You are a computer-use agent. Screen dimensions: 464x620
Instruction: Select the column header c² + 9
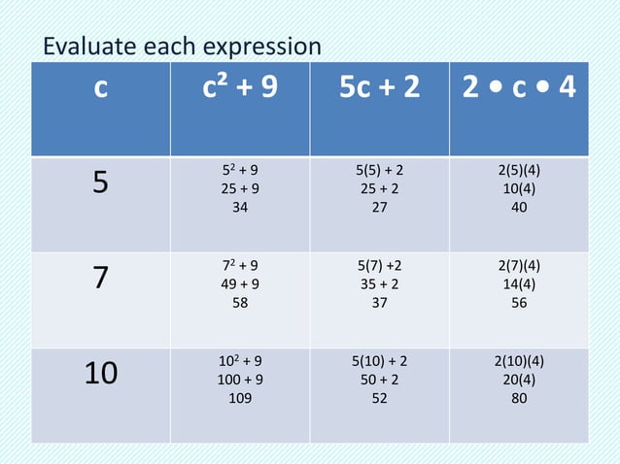pos(238,89)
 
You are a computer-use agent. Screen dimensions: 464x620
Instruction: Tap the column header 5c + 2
pos(380,89)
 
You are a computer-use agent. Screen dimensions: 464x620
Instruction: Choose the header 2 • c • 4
pos(518,89)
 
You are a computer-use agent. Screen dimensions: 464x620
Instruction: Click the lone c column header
pos(100,89)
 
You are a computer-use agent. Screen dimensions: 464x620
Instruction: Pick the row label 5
pos(100,183)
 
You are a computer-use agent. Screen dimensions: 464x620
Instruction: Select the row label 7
pos(100,278)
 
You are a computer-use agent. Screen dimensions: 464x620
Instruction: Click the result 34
pos(238,206)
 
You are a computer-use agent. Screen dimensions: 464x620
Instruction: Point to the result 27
pos(380,206)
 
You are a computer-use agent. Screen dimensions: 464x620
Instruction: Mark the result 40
pos(519,206)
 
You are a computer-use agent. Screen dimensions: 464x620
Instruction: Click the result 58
pos(238,301)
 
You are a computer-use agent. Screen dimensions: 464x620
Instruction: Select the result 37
pos(380,301)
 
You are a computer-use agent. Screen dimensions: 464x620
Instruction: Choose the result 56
pos(519,301)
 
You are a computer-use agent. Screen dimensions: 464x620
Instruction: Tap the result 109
pos(238,396)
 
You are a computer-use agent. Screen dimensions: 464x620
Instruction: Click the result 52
pos(380,396)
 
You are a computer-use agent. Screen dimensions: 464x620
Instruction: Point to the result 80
pos(519,396)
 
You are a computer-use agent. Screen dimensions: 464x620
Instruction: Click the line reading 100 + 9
pos(238,379)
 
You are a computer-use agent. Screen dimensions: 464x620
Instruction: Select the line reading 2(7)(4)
pos(519,264)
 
